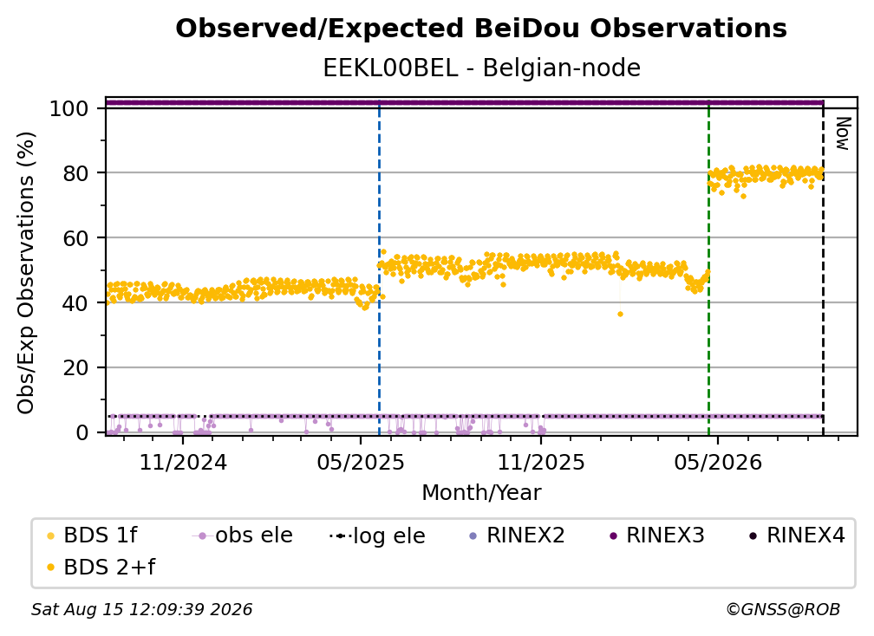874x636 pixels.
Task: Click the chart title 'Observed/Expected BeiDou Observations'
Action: click(481, 29)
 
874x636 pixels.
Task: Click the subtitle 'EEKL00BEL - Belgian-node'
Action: click(481, 68)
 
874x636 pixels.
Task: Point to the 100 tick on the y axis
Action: click(69, 108)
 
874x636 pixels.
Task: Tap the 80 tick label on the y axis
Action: click(75, 173)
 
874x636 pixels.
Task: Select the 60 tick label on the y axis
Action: click(75, 238)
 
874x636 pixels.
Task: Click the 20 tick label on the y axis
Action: click(75, 368)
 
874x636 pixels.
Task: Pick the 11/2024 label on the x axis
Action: click(183, 462)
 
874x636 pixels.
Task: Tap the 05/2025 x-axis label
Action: click(361, 462)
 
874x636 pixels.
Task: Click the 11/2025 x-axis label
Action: click(541, 462)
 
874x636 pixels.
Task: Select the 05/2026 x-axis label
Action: click(718, 462)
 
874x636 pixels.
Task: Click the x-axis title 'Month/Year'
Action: click(481, 493)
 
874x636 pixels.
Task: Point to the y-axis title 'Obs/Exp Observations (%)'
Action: click(26, 273)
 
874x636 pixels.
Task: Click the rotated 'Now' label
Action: click(843, 133)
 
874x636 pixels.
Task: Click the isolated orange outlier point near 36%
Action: click(620, 315)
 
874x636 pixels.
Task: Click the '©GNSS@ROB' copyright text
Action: click(783, 610)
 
